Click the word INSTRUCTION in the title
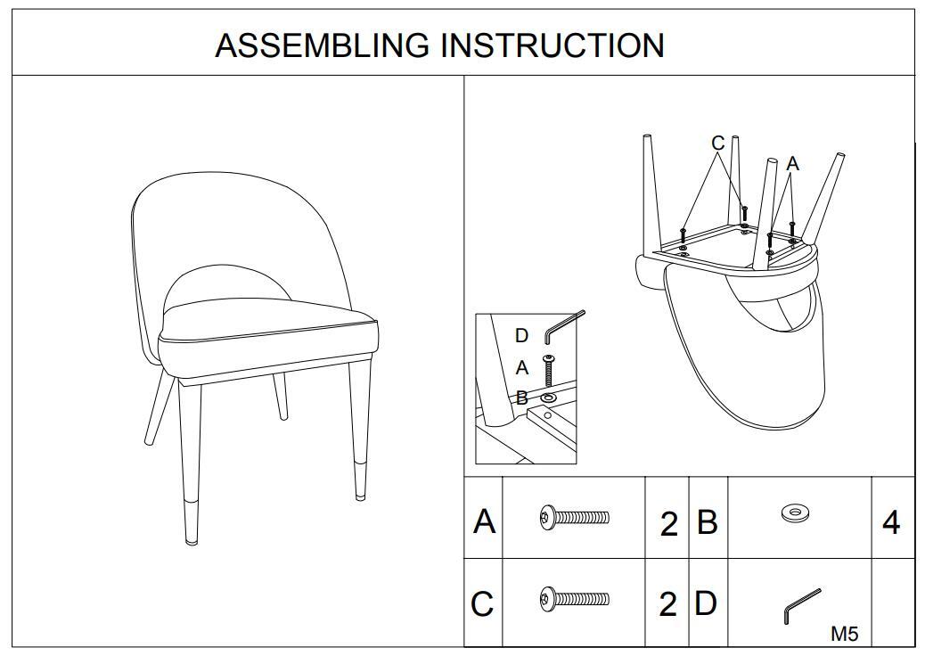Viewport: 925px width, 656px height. click(553, 45)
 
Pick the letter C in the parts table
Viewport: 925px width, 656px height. click(482, 604)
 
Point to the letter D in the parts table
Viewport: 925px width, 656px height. click(705, 603)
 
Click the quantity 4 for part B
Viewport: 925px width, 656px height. click(890, 523)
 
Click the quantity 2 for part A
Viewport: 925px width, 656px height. click(668, 524)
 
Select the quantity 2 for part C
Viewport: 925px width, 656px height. click(668, 605)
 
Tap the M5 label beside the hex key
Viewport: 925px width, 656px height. click(844, 634)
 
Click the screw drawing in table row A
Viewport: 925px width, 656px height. click(575, 516)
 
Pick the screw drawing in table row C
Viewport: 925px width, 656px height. click(575, 598)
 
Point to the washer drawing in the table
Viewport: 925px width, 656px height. click(794, 512)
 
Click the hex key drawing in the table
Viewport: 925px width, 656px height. click(802, 605)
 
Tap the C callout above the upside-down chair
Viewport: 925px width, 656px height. click(718, 143)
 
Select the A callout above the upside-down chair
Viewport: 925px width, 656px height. click(792, 164)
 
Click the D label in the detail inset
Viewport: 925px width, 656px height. click(522, 336)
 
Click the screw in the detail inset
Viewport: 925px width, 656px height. click(548, 369)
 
